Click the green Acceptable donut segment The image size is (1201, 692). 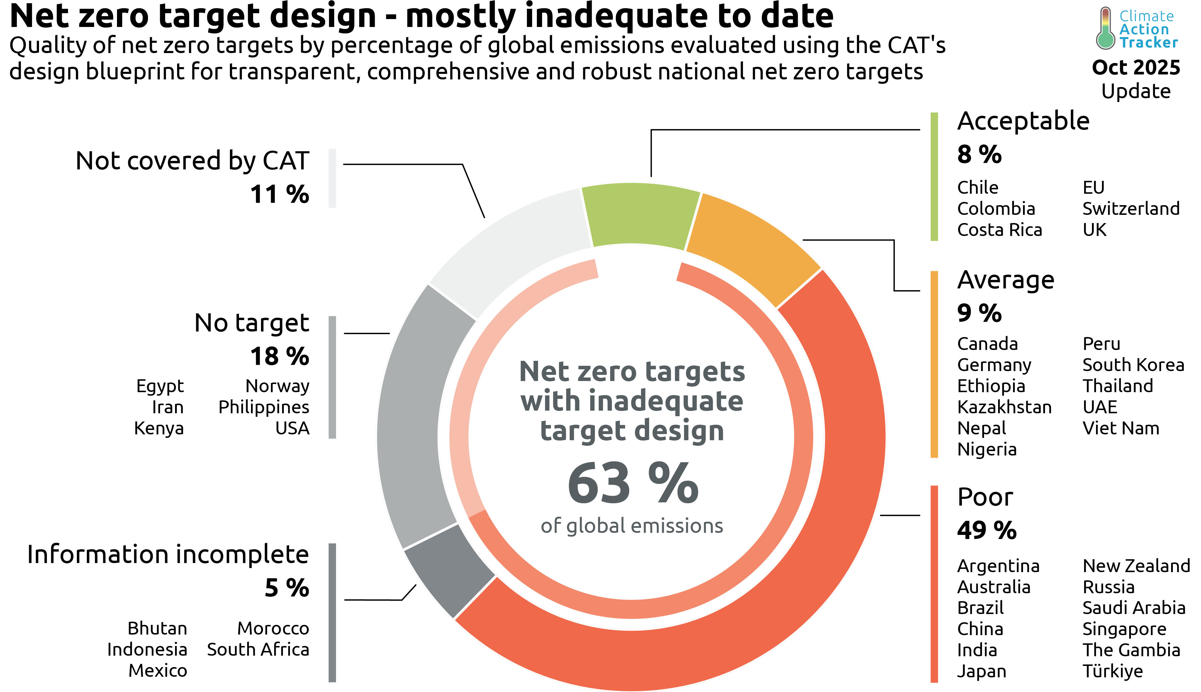click(x=639, y=215)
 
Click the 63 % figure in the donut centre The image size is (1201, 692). click(x=632, y=484)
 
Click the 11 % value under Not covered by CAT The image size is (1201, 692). click(x=279, y=194)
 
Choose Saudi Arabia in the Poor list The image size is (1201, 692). click(x=1134, y=608)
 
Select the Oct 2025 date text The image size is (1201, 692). click(x=1135, y=67)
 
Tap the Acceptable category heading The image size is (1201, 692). click(x=1023, y=121)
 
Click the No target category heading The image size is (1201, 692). click(x=252, y=323)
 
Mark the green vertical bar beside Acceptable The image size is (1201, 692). click(x=934, y=176)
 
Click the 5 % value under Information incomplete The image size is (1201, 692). click(x=287, y=588)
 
